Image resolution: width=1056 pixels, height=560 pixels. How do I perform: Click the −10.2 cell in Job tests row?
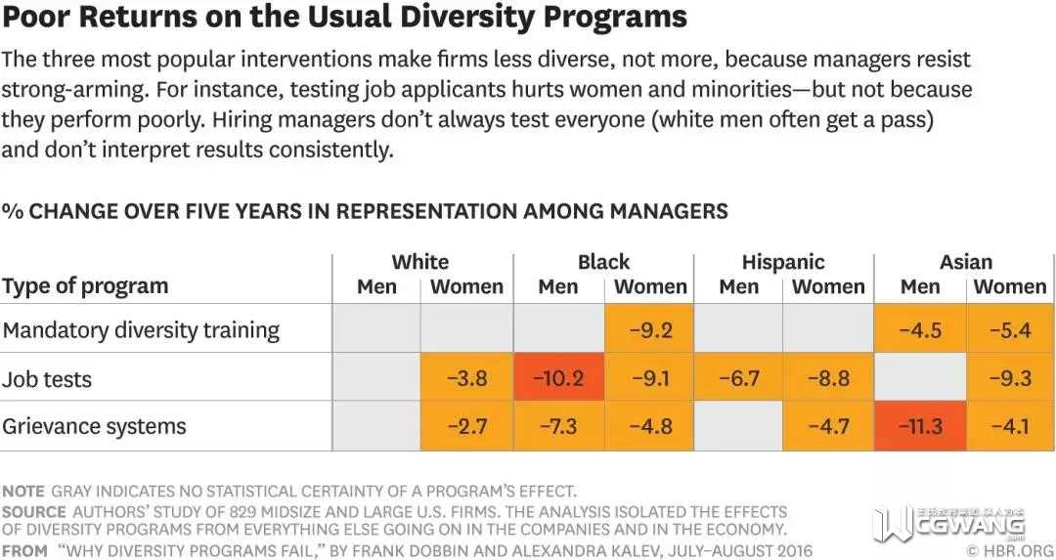(558, 377)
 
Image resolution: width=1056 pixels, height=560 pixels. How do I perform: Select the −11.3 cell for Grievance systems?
(920, 426)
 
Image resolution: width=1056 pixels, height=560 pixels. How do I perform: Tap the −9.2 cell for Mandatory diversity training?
(649, 329)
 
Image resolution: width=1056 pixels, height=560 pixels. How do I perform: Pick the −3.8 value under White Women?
(467, 377)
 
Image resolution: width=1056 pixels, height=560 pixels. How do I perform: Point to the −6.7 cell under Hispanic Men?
(739, 377)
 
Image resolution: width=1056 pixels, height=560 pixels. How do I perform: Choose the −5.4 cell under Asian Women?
(1010, 329)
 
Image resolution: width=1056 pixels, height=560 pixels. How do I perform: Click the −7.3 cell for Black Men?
(558, 426)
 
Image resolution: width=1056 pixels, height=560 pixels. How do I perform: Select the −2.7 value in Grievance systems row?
(467, 426)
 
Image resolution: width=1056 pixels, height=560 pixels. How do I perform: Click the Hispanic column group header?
(783, 262)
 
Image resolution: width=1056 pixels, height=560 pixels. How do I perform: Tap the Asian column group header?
(965, 262)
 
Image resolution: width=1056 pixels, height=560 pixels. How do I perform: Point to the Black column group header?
(603, 262)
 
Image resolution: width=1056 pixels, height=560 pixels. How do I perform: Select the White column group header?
(420, 262)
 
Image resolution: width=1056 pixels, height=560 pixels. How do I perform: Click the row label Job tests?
(47, 378)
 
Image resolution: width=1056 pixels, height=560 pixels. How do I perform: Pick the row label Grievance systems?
(94, 426)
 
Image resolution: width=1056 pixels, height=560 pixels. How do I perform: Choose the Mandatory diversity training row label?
(141, 330)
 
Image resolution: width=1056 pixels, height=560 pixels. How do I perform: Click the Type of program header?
(85, 286)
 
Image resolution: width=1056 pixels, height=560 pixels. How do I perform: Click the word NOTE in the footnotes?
(23, 491)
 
